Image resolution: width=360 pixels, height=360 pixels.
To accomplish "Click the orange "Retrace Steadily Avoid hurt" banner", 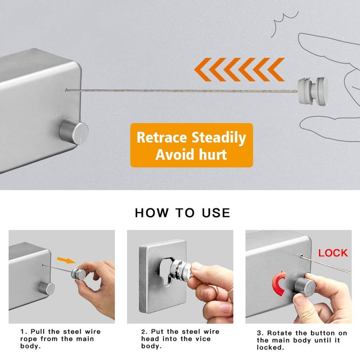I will [x=192, y=145].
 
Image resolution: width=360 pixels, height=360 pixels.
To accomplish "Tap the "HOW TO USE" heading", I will [x=182, y=213].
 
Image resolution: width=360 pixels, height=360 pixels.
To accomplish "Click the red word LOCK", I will [x=333, y=253].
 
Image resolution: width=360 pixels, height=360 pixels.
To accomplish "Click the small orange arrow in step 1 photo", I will [x=66, y=260].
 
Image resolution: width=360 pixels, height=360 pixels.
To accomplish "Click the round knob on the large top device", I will [x=73, y=130].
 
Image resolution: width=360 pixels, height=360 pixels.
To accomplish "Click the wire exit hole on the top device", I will [x=67, y=90].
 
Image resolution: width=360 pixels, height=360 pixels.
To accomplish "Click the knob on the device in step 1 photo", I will [x=46, y=288].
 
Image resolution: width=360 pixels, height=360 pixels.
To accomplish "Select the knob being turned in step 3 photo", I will [x=303, y=286].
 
